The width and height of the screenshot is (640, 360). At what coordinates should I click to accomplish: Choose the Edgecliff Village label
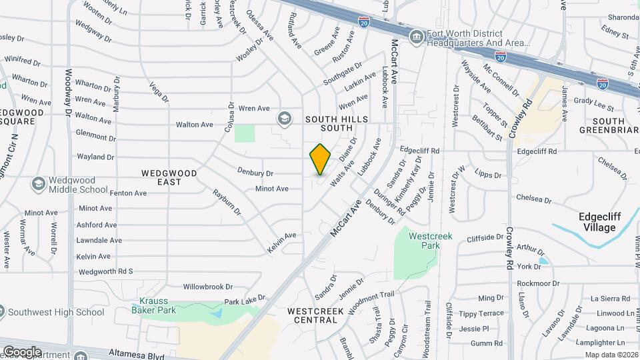coord(597,222)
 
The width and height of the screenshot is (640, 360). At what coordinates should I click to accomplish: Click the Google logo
coord(22,351)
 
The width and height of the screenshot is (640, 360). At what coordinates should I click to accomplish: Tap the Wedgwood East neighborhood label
coord(169,177)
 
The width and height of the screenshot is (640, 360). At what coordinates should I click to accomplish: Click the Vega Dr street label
coord(159,92)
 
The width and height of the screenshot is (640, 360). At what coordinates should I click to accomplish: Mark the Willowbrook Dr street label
coord(208,287)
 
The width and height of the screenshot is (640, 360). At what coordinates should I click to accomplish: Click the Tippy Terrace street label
coord(481,313)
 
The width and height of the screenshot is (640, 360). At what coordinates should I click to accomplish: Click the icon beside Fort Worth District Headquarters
coord(417,35)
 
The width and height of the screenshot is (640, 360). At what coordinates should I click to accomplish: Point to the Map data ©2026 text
coord(611,355)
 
